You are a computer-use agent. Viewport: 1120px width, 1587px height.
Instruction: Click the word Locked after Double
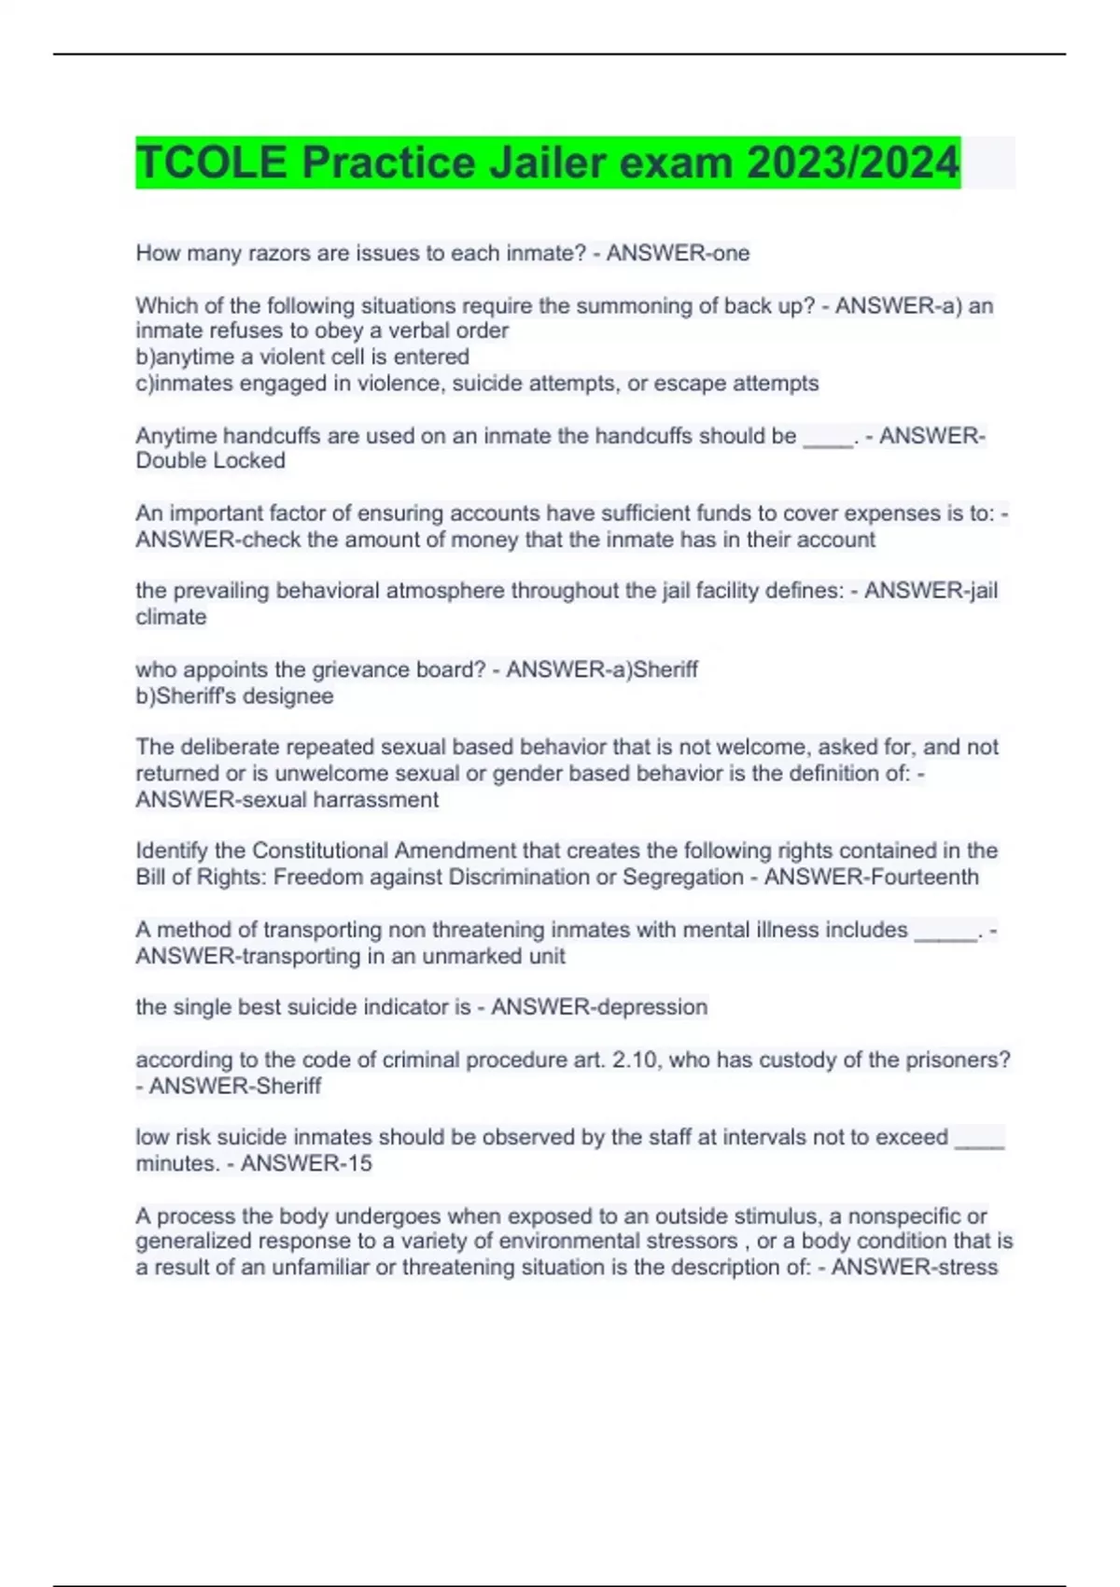[x=249, y=460]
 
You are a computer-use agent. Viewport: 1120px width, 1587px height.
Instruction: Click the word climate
[x=171, y=616]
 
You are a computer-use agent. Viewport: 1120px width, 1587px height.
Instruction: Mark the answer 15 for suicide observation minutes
[x=359, y=1163]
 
